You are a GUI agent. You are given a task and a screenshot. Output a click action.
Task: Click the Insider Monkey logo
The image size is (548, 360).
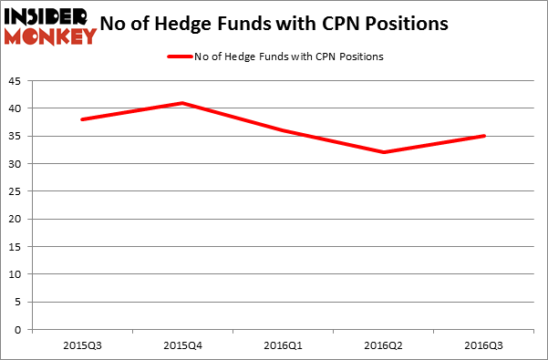(x=50, y=26)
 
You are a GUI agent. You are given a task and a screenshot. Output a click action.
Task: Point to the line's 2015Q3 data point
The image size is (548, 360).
(x=83, y=119)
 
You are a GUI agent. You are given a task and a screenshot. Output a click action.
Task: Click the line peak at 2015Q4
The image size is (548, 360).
(x=182, y=103)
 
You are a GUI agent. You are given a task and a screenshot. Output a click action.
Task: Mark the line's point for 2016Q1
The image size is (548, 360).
(x=284, y=130)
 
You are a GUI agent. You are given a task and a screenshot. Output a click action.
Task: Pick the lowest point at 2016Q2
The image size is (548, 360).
(x=384, y=152)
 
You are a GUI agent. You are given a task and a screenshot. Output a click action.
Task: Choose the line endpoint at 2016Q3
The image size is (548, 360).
(x=484, y=136)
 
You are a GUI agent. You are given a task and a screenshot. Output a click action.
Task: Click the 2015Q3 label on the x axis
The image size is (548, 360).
(x=83, y=345)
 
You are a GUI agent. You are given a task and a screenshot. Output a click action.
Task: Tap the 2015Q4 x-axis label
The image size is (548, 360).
(x=183, y=345)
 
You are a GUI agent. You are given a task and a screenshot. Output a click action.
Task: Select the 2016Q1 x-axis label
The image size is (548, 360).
(x=284, y=345)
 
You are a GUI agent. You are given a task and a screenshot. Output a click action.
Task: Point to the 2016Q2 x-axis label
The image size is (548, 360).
(x=384, y=345)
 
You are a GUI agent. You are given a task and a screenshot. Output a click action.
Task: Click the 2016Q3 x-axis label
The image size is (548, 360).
(x=484, y=345)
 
